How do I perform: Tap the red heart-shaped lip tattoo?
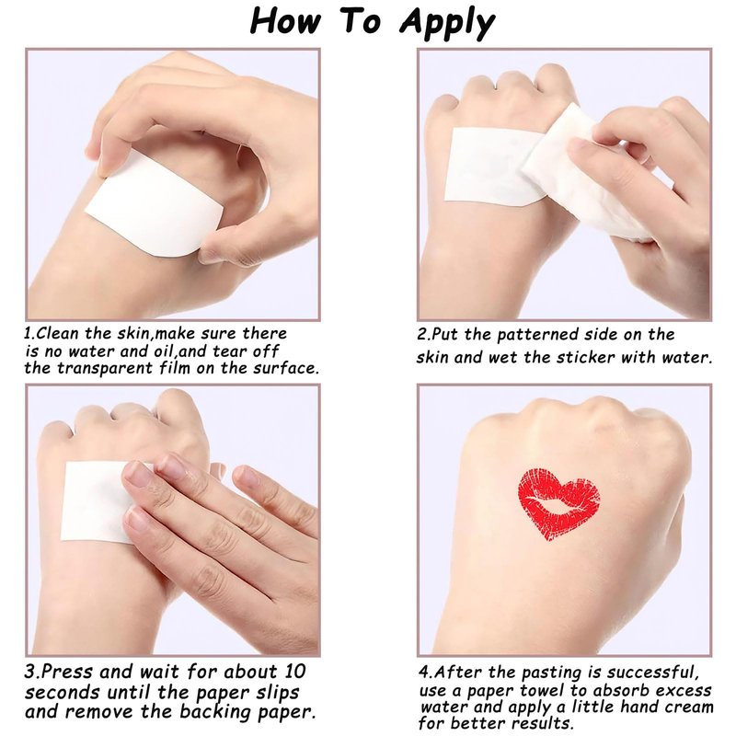(559, 502)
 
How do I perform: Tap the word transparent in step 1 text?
(106, 369)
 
